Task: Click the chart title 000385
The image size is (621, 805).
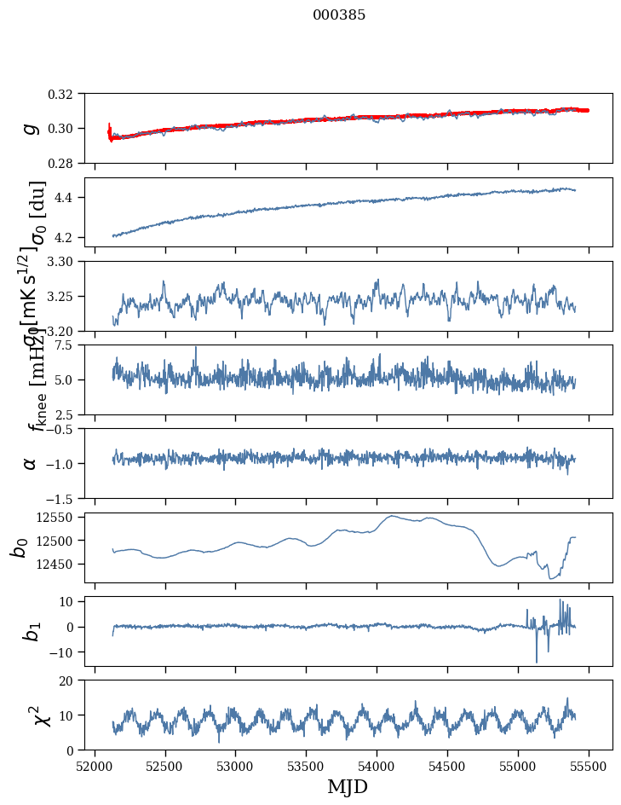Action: (339, 15)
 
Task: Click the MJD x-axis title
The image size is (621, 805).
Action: (348, 786)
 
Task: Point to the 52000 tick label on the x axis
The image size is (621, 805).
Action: (95, 765)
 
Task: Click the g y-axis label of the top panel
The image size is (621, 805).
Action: (31, 128)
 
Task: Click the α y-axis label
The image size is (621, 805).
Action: (31, 462)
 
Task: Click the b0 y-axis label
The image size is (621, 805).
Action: (19, 547)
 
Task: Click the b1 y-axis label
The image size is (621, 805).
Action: (31, 630)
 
